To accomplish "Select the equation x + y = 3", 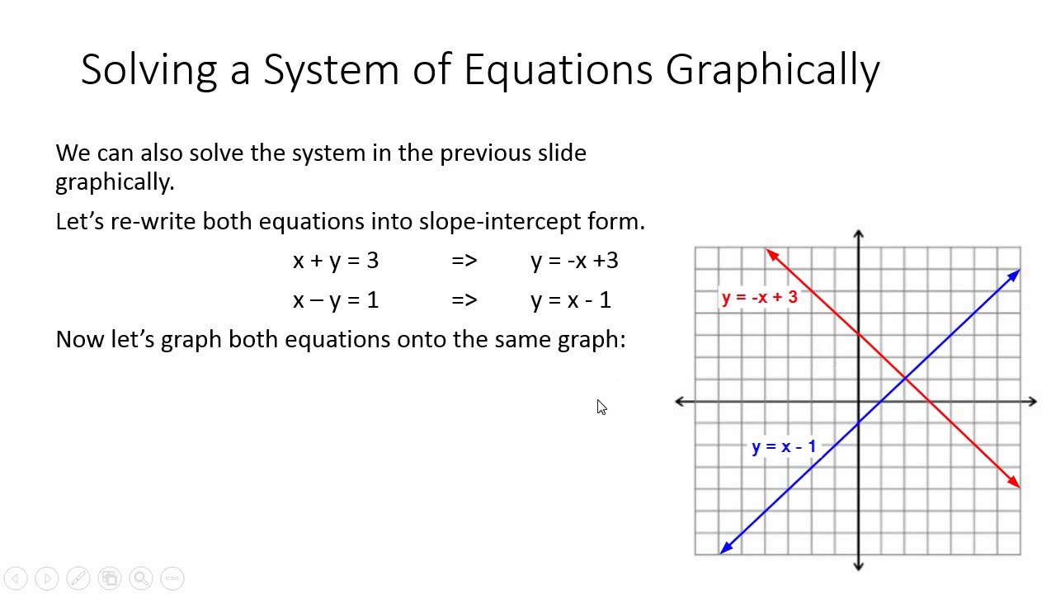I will [336, 261].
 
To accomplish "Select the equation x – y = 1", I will [336, 300].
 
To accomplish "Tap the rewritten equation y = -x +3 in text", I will [574, 261].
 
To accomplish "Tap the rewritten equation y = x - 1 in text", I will [571, 300].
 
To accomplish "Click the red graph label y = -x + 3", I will [760, 297].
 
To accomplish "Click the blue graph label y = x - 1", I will [784, 447].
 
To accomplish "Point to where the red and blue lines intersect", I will [905, 378].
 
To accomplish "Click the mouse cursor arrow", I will [601, 407].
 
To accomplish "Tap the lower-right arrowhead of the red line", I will [1014, 481].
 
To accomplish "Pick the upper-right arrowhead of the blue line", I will [1014, 276].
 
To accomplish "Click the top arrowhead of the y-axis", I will [858, 236].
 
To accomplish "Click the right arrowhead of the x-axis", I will [1031, 402].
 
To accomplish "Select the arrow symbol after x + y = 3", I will [464, 261].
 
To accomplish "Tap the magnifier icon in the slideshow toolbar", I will [141, 578].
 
